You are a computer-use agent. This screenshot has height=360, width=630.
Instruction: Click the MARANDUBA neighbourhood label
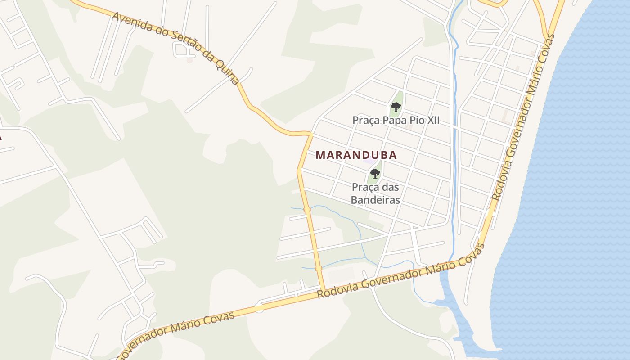click(356, 155)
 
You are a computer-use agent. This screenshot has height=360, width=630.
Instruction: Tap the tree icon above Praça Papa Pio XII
click(396, 107)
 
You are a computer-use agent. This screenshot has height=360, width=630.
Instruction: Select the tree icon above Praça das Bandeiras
click(375, 173)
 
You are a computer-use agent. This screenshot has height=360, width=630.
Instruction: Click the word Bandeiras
click(375, 200)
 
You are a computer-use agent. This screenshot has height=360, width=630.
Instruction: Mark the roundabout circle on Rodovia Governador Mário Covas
click(259, 308)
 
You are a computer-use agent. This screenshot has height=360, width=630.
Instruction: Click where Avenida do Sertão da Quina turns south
click(310, 134)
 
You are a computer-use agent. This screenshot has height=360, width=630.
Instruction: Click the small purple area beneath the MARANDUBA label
click(369, 161)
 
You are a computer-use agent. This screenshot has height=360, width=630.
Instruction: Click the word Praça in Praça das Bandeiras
click(367, 187)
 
